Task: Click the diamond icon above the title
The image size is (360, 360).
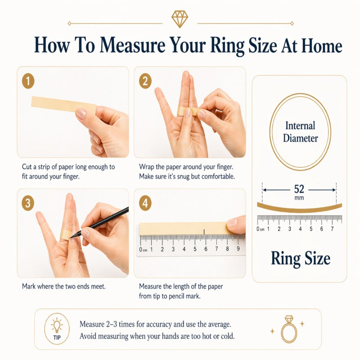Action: pos(180,19)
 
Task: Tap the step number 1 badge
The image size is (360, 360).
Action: pos(28,81)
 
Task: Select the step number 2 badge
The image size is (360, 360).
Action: pos(145,81)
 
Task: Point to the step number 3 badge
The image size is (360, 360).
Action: pos(28,203)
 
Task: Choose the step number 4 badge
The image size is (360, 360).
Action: pos(145,203)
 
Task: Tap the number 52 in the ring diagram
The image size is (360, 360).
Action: pos(299,189)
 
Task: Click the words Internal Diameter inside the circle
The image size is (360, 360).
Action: pos(300,131)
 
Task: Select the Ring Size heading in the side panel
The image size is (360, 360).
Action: pos(300,258)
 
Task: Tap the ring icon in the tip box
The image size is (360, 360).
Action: pos(288,331)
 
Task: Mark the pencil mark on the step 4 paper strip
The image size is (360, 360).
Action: pos(205,231)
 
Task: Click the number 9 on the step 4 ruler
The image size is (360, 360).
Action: pos(238,249)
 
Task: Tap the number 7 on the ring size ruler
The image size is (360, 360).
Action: pos(332,229)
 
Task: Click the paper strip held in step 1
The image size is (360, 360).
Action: pos(54,104)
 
